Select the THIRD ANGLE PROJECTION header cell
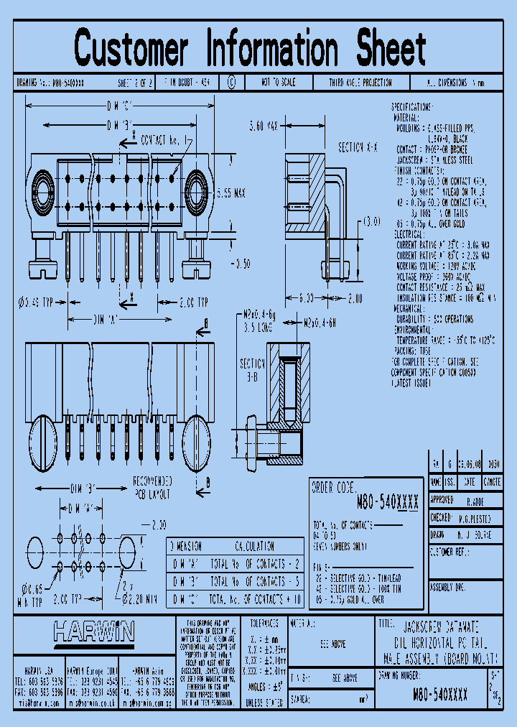tap(360, 83)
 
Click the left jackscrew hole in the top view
tap(44, 193)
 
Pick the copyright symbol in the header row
tap(231, 83)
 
